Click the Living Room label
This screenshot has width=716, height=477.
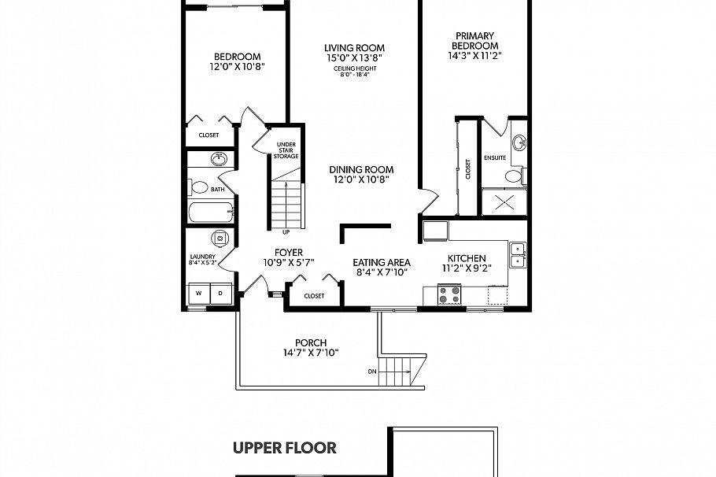[x=354, y=48]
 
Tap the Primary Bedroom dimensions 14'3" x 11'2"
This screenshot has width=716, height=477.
[x=474, y=56]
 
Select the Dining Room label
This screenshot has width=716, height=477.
[x=360, y=169]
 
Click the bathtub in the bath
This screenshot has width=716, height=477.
[x=209, y=213]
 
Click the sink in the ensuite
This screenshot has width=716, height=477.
[x=519, y=143]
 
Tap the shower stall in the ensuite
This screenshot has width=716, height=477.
[x=504, y=201]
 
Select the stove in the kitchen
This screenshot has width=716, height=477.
[x=448, y=294]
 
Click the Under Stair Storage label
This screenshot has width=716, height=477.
[x=286, y=150]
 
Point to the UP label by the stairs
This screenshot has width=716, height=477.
[x=286, y=232]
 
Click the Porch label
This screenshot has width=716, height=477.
[x=311, y=342]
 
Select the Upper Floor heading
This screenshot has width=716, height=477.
[x=285, y=449]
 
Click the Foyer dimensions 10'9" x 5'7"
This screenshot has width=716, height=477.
[x=289, y=263]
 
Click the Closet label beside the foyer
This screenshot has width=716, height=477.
[x=314, y=296]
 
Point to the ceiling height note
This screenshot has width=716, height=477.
[x=354, y=72]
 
